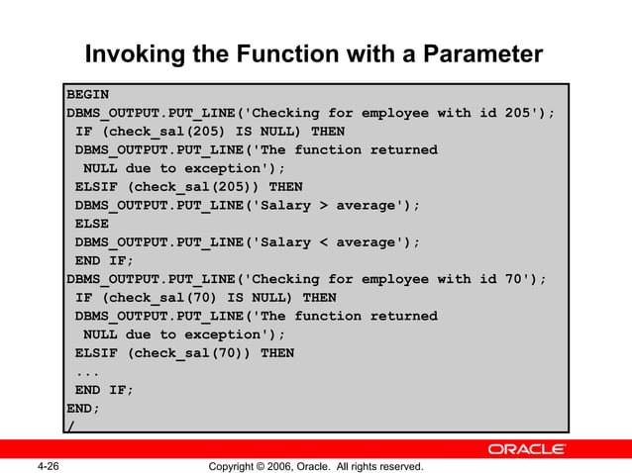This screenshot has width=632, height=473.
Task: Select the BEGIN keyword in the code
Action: [x=87, y=95]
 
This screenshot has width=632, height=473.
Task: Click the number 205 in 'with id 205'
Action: [x=518, y=113]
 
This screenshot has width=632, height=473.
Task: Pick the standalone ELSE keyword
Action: [x=92, y=224]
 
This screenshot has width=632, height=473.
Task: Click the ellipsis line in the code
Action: [x=88, y=371]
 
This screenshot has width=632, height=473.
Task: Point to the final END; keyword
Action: [x=83, y=408]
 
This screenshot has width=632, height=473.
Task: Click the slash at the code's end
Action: [x=70, y=426]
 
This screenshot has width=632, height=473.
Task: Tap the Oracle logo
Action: [x=526, y=450]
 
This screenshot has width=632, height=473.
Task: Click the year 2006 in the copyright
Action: [x=283, y=466]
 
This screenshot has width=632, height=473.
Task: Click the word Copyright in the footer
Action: [x=230, y=466]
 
